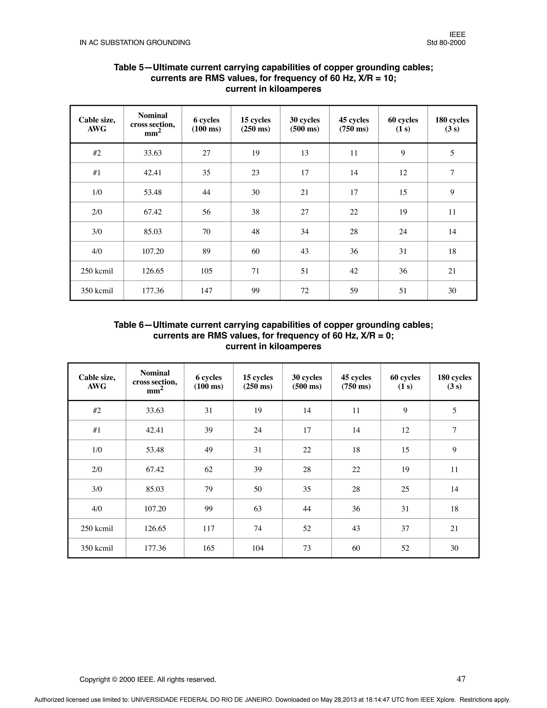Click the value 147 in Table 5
click(206, 290)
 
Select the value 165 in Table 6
click(208, 548)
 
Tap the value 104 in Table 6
click(258, 548)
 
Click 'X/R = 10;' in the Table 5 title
click(378, 78)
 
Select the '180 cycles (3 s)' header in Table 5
click(452, 124)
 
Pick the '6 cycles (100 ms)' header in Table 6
click(208, 382)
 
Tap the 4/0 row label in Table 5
click(97, 251)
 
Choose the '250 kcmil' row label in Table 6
click(97, 528)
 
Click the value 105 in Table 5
click(206, 271)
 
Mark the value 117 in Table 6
click(208, 528)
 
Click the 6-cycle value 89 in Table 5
click(206, 251)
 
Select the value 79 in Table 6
click(208, 489)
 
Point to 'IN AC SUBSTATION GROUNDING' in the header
click(135, 43)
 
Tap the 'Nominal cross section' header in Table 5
click(153, 124)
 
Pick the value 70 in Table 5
click(206, 231)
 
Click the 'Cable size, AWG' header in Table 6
click(97, 382)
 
